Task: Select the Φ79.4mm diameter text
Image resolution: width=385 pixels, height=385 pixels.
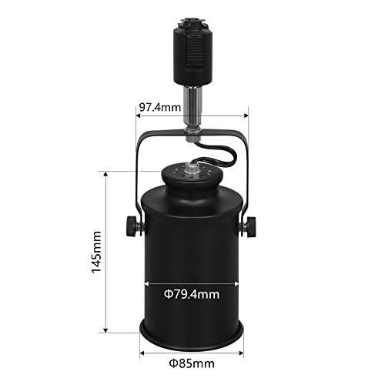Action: tap(192, 293)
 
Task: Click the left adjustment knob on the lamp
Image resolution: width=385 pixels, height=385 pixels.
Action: tap(130, 226)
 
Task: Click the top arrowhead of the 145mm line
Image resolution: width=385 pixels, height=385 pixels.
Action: tap(105, 175)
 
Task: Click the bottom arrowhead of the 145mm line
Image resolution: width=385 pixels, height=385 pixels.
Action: tap(105, 331)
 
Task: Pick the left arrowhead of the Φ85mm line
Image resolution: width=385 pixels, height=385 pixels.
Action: tap(141, 353)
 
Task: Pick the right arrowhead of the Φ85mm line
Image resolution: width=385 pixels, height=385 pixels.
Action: tap(243, 353)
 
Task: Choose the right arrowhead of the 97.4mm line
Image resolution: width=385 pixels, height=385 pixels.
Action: tap(246, 116)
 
